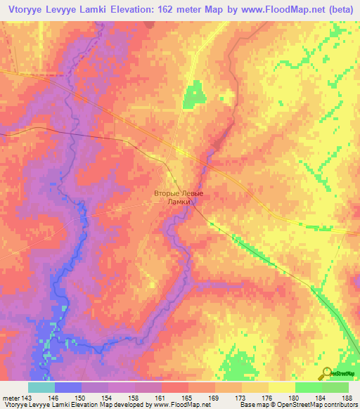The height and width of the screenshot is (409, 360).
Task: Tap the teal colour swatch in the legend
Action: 41,387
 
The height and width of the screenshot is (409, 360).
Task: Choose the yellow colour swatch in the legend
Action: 281,387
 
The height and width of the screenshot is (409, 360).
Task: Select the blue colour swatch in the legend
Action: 67,387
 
